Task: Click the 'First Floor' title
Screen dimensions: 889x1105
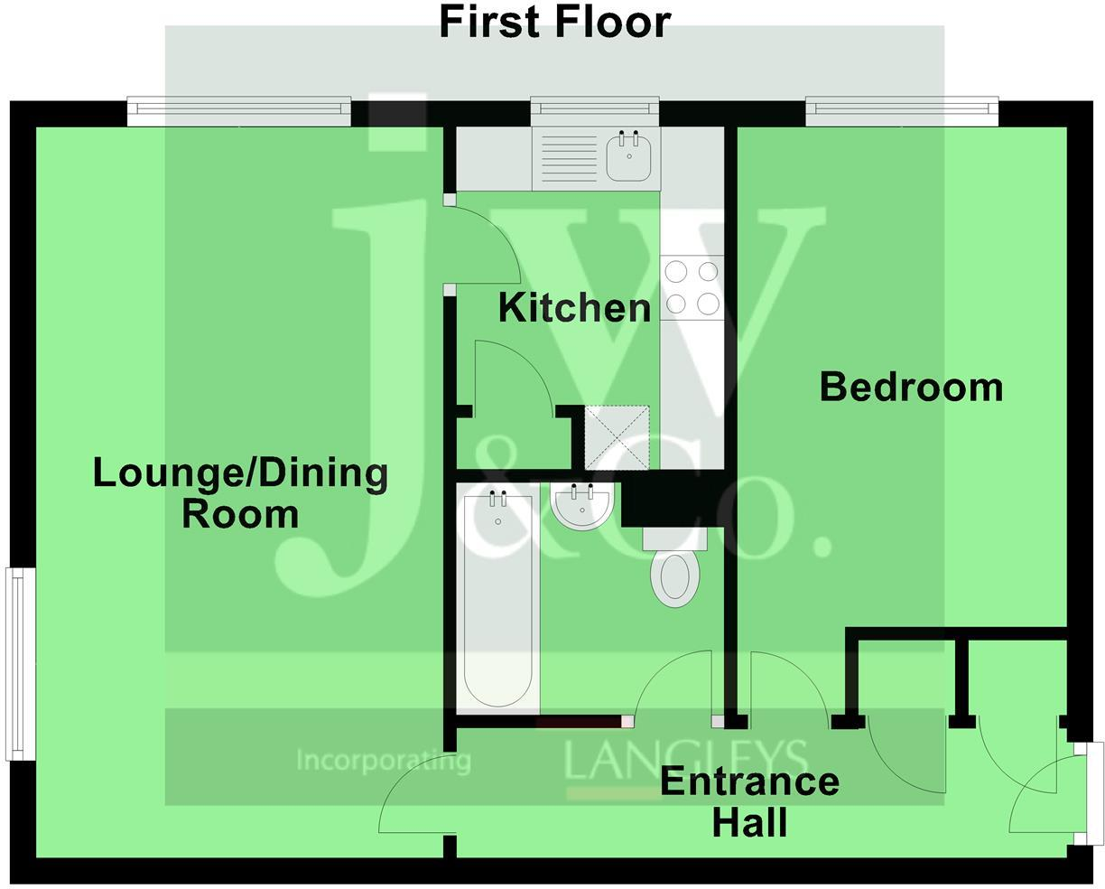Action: point(554,22)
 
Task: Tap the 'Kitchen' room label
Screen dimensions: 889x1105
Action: point(574,308)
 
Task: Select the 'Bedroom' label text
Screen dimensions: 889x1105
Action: point(911,387)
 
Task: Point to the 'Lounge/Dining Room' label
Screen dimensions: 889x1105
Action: point(241,493)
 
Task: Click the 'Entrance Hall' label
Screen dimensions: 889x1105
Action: point(749,801)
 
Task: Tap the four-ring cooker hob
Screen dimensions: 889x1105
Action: point(692,287)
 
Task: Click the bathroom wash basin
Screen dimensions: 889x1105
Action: point(582,506)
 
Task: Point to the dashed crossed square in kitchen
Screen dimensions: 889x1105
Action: point(617,437)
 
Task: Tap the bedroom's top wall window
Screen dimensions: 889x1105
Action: point(902,111)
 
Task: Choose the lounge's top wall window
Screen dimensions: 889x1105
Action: point(238,111)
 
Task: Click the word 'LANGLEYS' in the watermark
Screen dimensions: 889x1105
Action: point(685,760)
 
